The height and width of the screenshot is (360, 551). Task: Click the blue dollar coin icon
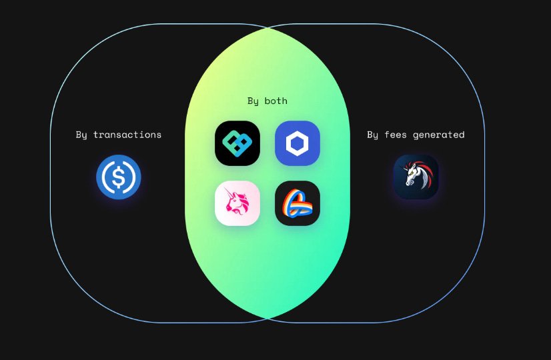coord(119,177)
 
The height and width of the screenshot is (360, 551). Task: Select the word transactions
coord(127,135)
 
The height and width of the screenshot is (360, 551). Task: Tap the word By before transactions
coord(81,135)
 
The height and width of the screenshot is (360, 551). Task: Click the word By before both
coord(253,101)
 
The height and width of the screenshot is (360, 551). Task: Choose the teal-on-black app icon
coord(237,143)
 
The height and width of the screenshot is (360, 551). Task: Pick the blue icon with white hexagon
coord(298,143)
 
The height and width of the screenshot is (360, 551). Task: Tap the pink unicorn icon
coord(237,203)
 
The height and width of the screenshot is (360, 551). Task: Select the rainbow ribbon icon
coord(298,203)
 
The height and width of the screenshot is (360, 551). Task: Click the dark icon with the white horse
coord(416,177)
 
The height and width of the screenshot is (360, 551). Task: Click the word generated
coord(438,135)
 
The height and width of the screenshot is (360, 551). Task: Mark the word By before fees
coord(373,135)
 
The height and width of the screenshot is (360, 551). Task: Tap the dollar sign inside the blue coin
coord(119,177)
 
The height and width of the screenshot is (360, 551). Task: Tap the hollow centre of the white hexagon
coord(298,143)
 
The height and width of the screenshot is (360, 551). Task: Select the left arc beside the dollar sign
coord(107,177)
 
